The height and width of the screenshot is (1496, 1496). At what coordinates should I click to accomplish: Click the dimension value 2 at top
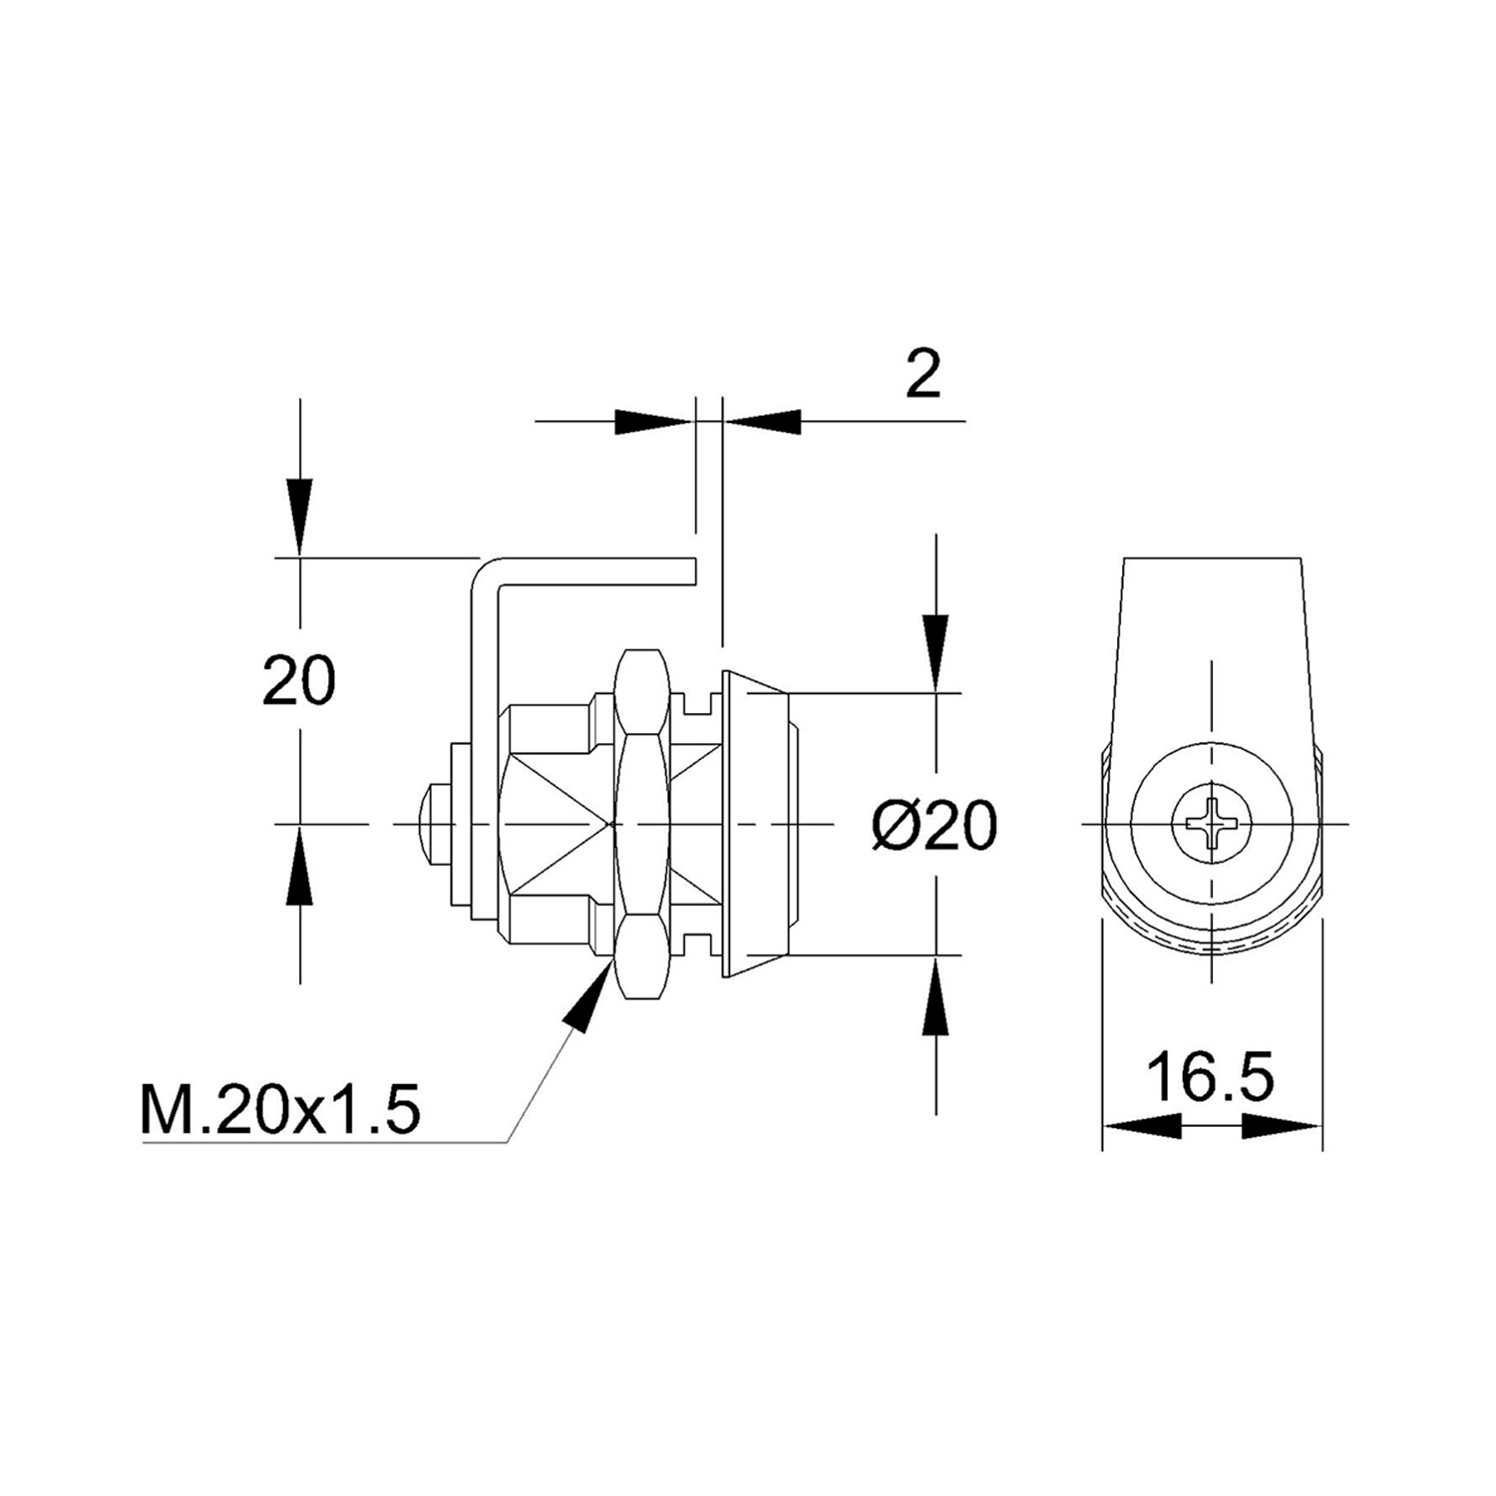tap(923, 375)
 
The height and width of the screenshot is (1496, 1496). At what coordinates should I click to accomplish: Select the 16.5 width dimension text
tap(1210, 1077)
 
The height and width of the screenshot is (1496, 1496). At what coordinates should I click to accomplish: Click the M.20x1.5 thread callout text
tap(280, 1110)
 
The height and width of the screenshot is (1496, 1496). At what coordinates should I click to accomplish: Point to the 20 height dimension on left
tap(299, 681)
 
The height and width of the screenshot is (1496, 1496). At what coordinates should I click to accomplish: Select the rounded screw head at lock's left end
tap(431, 824)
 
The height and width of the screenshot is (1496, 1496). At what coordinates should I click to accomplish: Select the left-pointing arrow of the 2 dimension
tap(763, 421)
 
